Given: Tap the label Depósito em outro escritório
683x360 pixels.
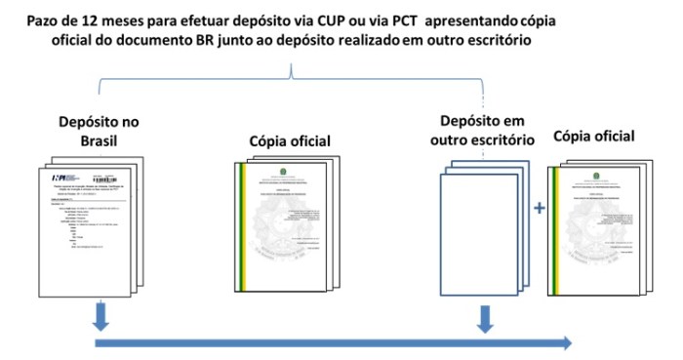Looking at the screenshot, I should tap(481, 130).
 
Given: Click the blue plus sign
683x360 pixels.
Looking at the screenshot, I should tap(539, 209).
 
